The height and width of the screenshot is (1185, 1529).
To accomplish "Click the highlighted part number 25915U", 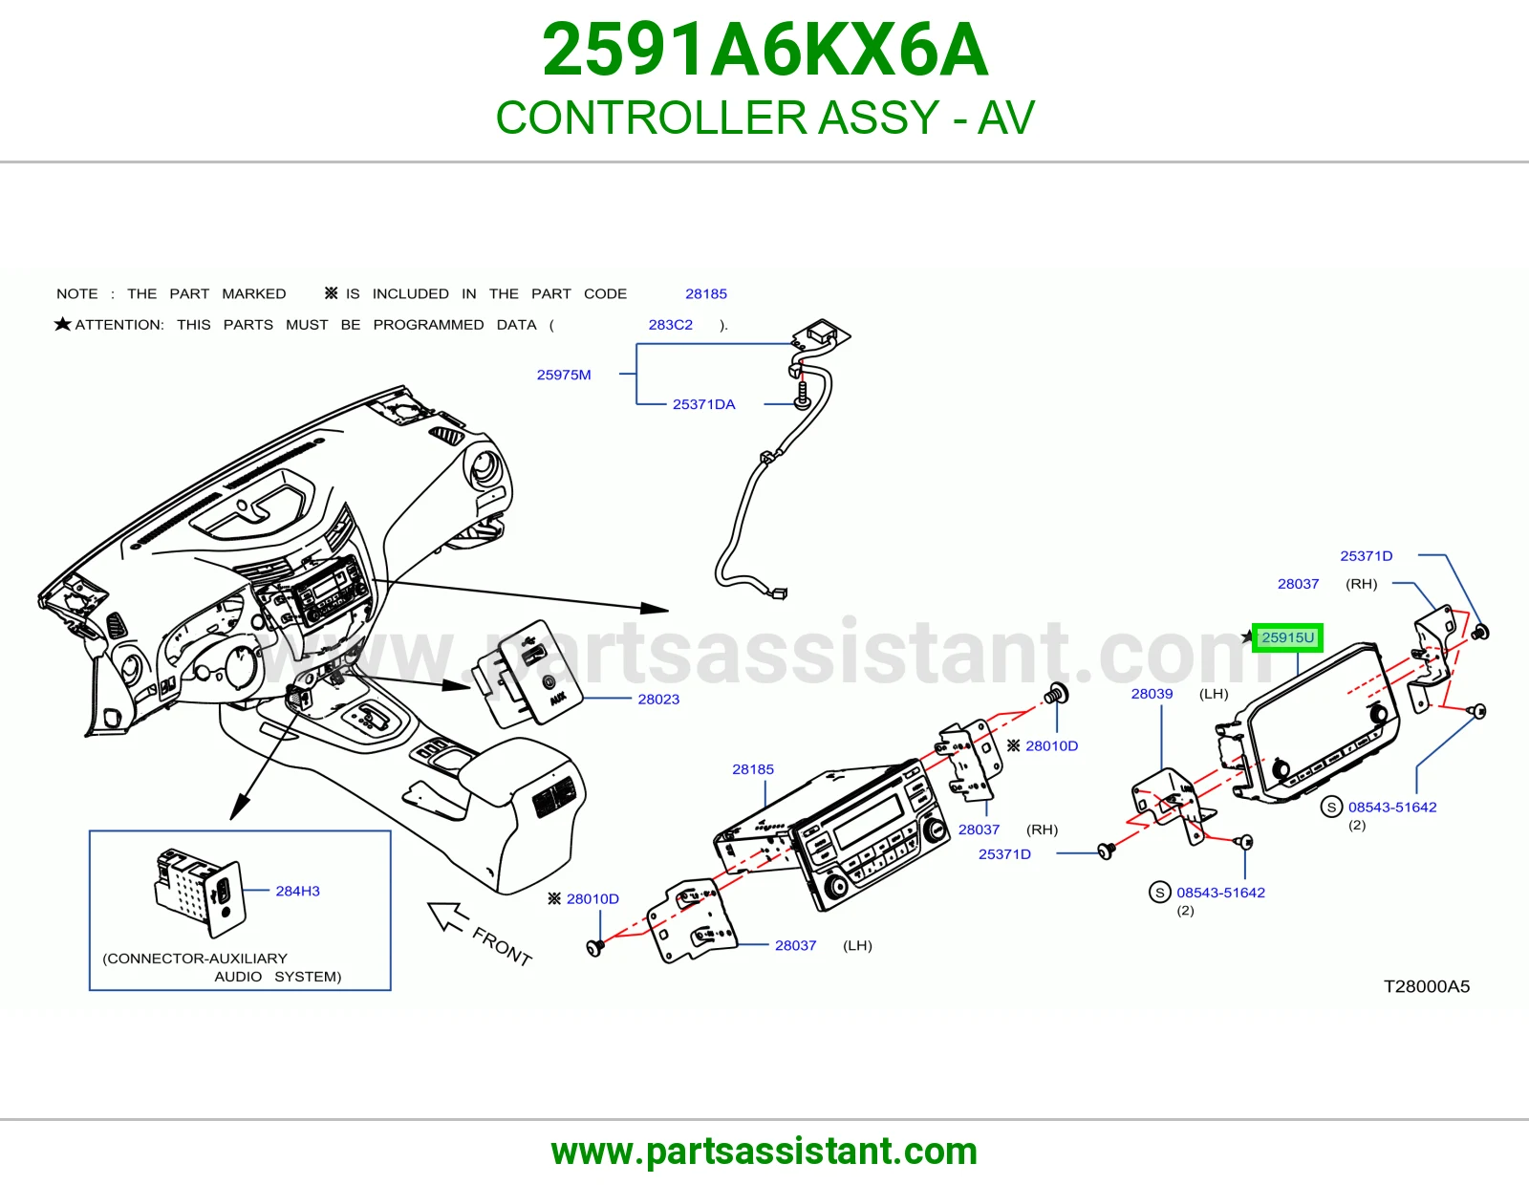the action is point(1287,637).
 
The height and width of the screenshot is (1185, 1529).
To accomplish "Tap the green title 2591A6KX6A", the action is point(764,50).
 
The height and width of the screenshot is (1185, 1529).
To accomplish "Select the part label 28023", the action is point(658,699).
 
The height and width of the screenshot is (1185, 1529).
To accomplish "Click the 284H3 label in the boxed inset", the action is point(297,891).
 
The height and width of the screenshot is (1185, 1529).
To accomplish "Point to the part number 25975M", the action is point(564,375).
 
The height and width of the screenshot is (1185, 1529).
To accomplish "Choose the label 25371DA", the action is point(703,404).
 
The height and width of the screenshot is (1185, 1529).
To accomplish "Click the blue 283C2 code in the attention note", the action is point(671,324).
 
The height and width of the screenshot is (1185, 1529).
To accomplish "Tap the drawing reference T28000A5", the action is point(1426,986).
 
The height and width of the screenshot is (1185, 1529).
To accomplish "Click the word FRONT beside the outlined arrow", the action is point(502,946).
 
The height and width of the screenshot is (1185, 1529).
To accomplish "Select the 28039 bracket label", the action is point(1152,693).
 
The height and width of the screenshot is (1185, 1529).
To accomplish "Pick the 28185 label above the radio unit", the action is point(753,769).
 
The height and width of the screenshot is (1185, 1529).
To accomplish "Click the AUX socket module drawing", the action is point(527,674).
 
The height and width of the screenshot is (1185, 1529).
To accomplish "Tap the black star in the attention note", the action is point(63,324).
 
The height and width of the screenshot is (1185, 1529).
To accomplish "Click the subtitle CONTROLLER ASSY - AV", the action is point(764,117).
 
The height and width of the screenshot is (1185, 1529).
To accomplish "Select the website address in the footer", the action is point(764,1152).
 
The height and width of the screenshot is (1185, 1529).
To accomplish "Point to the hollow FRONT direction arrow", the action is point(447,916).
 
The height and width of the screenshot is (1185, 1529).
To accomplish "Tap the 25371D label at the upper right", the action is point(1366,556).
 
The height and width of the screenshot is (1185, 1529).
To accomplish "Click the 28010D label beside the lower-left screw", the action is point(592,898).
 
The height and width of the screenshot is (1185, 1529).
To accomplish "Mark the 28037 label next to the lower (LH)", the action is point(796,945).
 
